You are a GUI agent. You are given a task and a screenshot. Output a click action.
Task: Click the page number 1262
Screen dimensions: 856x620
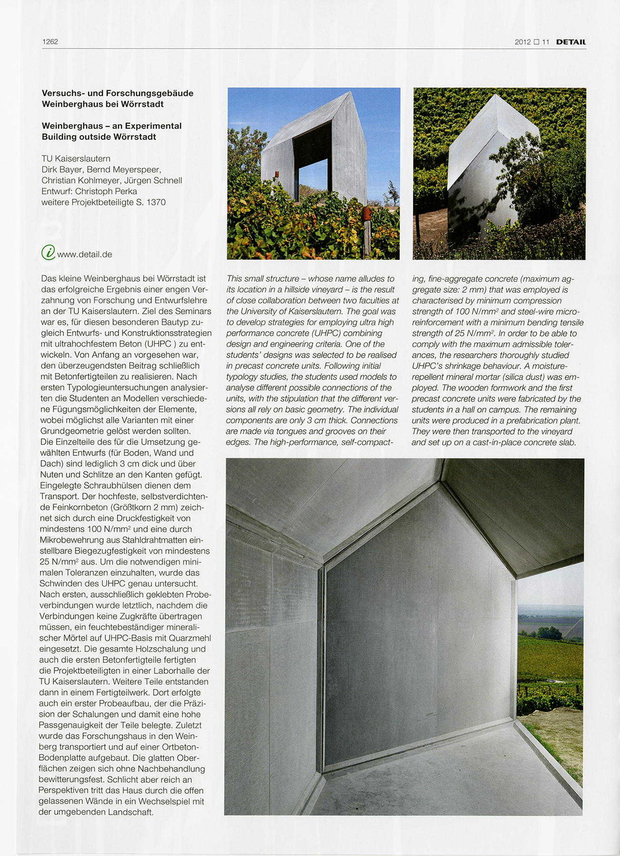tap(50, 42)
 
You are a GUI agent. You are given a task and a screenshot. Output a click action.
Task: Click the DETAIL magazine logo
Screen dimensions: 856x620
tap(570, 42)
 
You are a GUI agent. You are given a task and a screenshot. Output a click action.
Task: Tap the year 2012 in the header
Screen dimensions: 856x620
tap(522, 42)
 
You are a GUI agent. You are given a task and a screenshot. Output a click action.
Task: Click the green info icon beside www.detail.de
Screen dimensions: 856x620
tap(48, 253)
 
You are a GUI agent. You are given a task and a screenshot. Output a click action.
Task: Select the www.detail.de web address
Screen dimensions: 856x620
tap(85, 254)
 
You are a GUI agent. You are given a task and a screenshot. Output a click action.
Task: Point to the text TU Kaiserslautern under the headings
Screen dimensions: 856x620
tap(76, 158)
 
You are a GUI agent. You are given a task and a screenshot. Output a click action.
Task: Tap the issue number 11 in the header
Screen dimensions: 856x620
tap(546, 42)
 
